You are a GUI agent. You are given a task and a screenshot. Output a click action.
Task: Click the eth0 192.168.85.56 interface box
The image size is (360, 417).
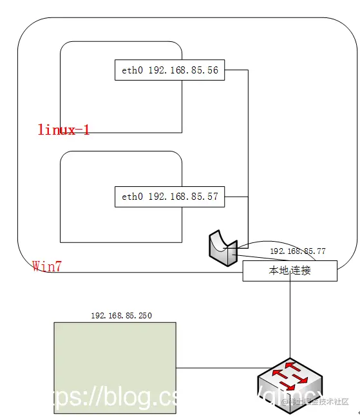point(169,70)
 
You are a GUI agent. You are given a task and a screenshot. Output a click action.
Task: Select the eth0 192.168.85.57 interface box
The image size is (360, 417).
point(169,197)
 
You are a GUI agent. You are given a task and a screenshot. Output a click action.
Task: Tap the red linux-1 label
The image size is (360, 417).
point(63,130)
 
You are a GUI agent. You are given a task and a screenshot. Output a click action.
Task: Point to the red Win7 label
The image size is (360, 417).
point(47,266)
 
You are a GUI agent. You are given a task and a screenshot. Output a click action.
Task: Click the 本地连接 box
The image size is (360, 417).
point(290,271)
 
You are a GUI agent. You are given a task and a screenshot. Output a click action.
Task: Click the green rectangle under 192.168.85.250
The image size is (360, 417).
point(115,367)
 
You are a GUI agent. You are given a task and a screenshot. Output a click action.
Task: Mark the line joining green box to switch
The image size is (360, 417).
point(216,368)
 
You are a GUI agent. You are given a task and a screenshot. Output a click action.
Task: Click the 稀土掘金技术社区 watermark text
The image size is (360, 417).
point(318,402)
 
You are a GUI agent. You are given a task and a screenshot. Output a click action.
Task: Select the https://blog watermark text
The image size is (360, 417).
point(97,398)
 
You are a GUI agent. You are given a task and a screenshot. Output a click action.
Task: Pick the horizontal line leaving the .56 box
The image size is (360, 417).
point(236,70)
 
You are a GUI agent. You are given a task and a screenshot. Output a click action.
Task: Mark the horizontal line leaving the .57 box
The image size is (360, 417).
point(236,196)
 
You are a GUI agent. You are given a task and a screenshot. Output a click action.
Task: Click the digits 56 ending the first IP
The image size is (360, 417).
point(213,70)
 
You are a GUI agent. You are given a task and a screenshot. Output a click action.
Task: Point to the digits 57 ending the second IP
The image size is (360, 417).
point(213,197)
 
